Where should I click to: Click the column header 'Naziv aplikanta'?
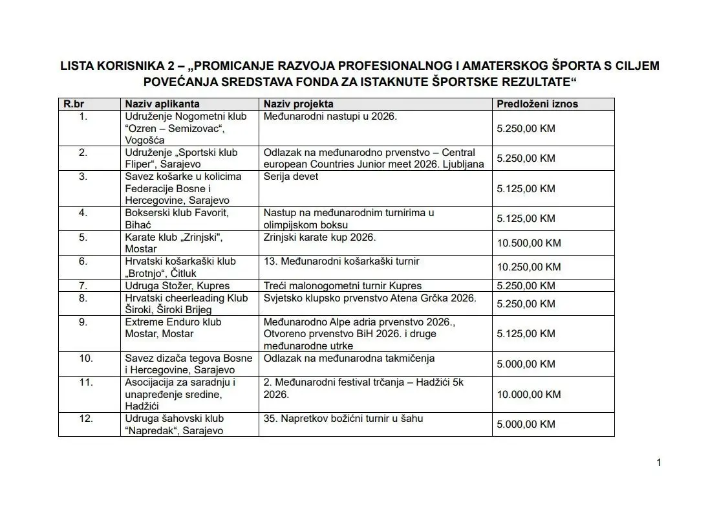click(162, 104)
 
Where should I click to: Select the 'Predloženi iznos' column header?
click(537, 104)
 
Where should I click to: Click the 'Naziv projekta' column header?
click(299, 104)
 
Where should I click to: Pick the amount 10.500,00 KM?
click(528, 243)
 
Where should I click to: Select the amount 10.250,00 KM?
click(528, 267)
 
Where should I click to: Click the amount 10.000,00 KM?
click(528, 394)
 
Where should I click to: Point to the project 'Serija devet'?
click(291, 177)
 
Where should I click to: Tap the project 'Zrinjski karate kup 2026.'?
click(319, 237)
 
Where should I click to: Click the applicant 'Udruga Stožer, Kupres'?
click(177, 285)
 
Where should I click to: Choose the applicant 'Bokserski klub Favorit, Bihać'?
click(177, 219)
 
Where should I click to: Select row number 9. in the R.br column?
click(83, 322)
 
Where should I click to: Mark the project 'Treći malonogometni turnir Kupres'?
click(343, 285)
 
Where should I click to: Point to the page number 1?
click(659, 462)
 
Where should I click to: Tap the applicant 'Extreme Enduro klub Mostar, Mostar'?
click(173, 328)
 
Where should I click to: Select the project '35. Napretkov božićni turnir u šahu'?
click(343, 419)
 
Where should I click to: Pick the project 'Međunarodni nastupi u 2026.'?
click(330, 116)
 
